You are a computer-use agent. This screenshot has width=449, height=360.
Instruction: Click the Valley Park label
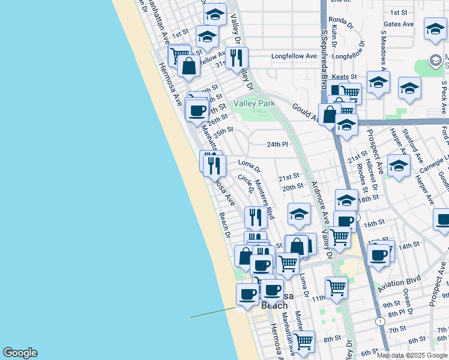(254, 103)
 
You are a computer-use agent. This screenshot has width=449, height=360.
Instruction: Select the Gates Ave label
(399, 25)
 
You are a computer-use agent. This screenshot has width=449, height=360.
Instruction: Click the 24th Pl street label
(277, 145)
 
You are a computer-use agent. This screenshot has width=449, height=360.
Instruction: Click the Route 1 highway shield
(380, 322)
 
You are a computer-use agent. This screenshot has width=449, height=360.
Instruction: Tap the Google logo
(20, 353)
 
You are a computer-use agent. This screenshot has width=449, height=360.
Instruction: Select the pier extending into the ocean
(213, 313)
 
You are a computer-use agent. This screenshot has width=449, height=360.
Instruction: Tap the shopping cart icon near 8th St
(304, 341)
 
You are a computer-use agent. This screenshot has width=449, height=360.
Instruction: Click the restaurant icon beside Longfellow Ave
(237, 58)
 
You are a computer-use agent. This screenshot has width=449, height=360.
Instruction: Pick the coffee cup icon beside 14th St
(378, 254)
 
